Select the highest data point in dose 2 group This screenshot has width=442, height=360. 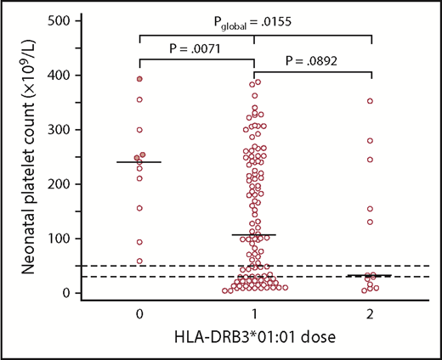tap(371, 101)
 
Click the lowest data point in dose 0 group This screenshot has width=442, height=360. tap(139, 262)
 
